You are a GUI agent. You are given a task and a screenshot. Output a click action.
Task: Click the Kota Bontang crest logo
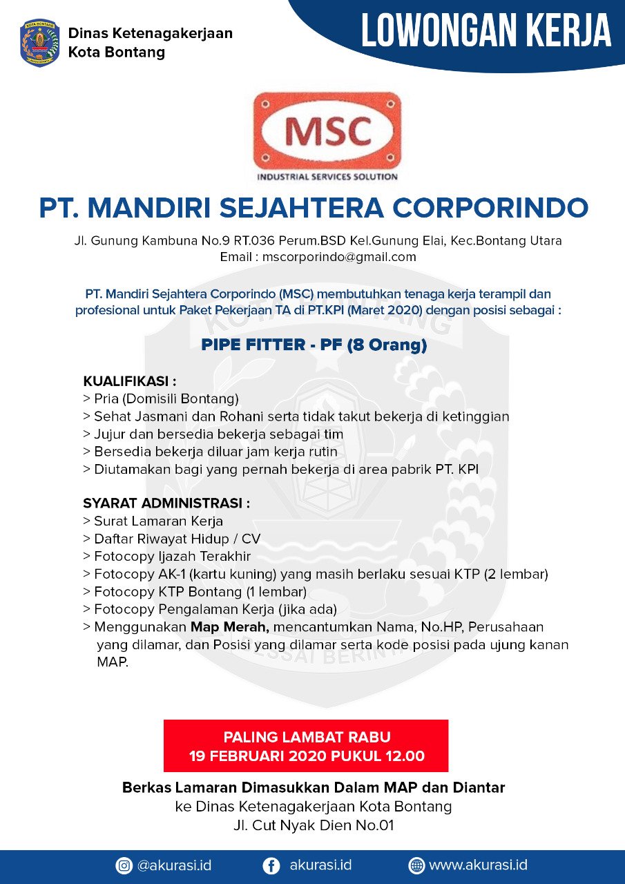coord(40,43)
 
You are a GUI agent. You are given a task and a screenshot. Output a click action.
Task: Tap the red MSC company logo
coord(327,131)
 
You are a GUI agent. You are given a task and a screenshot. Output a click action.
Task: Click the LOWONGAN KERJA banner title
coord(486,31)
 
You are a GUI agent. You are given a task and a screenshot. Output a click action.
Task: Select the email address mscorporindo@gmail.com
coord(338,257)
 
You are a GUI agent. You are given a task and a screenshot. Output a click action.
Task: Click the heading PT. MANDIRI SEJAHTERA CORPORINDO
coord(313,207)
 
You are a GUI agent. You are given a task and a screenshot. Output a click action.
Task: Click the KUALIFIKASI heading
coord(130,381)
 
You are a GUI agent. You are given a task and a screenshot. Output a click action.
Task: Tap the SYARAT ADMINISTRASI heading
coord(166,503)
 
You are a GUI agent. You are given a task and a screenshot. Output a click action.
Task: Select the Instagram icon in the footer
coord(124,865)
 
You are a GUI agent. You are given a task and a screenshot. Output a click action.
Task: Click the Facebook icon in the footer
coord(272,865)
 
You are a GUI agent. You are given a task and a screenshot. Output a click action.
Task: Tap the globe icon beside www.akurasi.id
coord(416,865)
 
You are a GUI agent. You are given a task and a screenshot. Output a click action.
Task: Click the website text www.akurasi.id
coord(479,865)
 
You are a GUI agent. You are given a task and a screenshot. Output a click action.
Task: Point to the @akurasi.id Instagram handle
coord(174,865)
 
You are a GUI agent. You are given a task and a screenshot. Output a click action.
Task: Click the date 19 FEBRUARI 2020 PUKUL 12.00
coord(307,756)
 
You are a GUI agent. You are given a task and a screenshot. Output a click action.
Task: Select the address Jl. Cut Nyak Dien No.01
coord(313,825)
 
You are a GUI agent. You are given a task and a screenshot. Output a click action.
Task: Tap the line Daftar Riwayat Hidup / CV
coord(177,539)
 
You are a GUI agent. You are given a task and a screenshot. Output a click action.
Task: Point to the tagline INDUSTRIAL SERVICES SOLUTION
coord(327,177)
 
